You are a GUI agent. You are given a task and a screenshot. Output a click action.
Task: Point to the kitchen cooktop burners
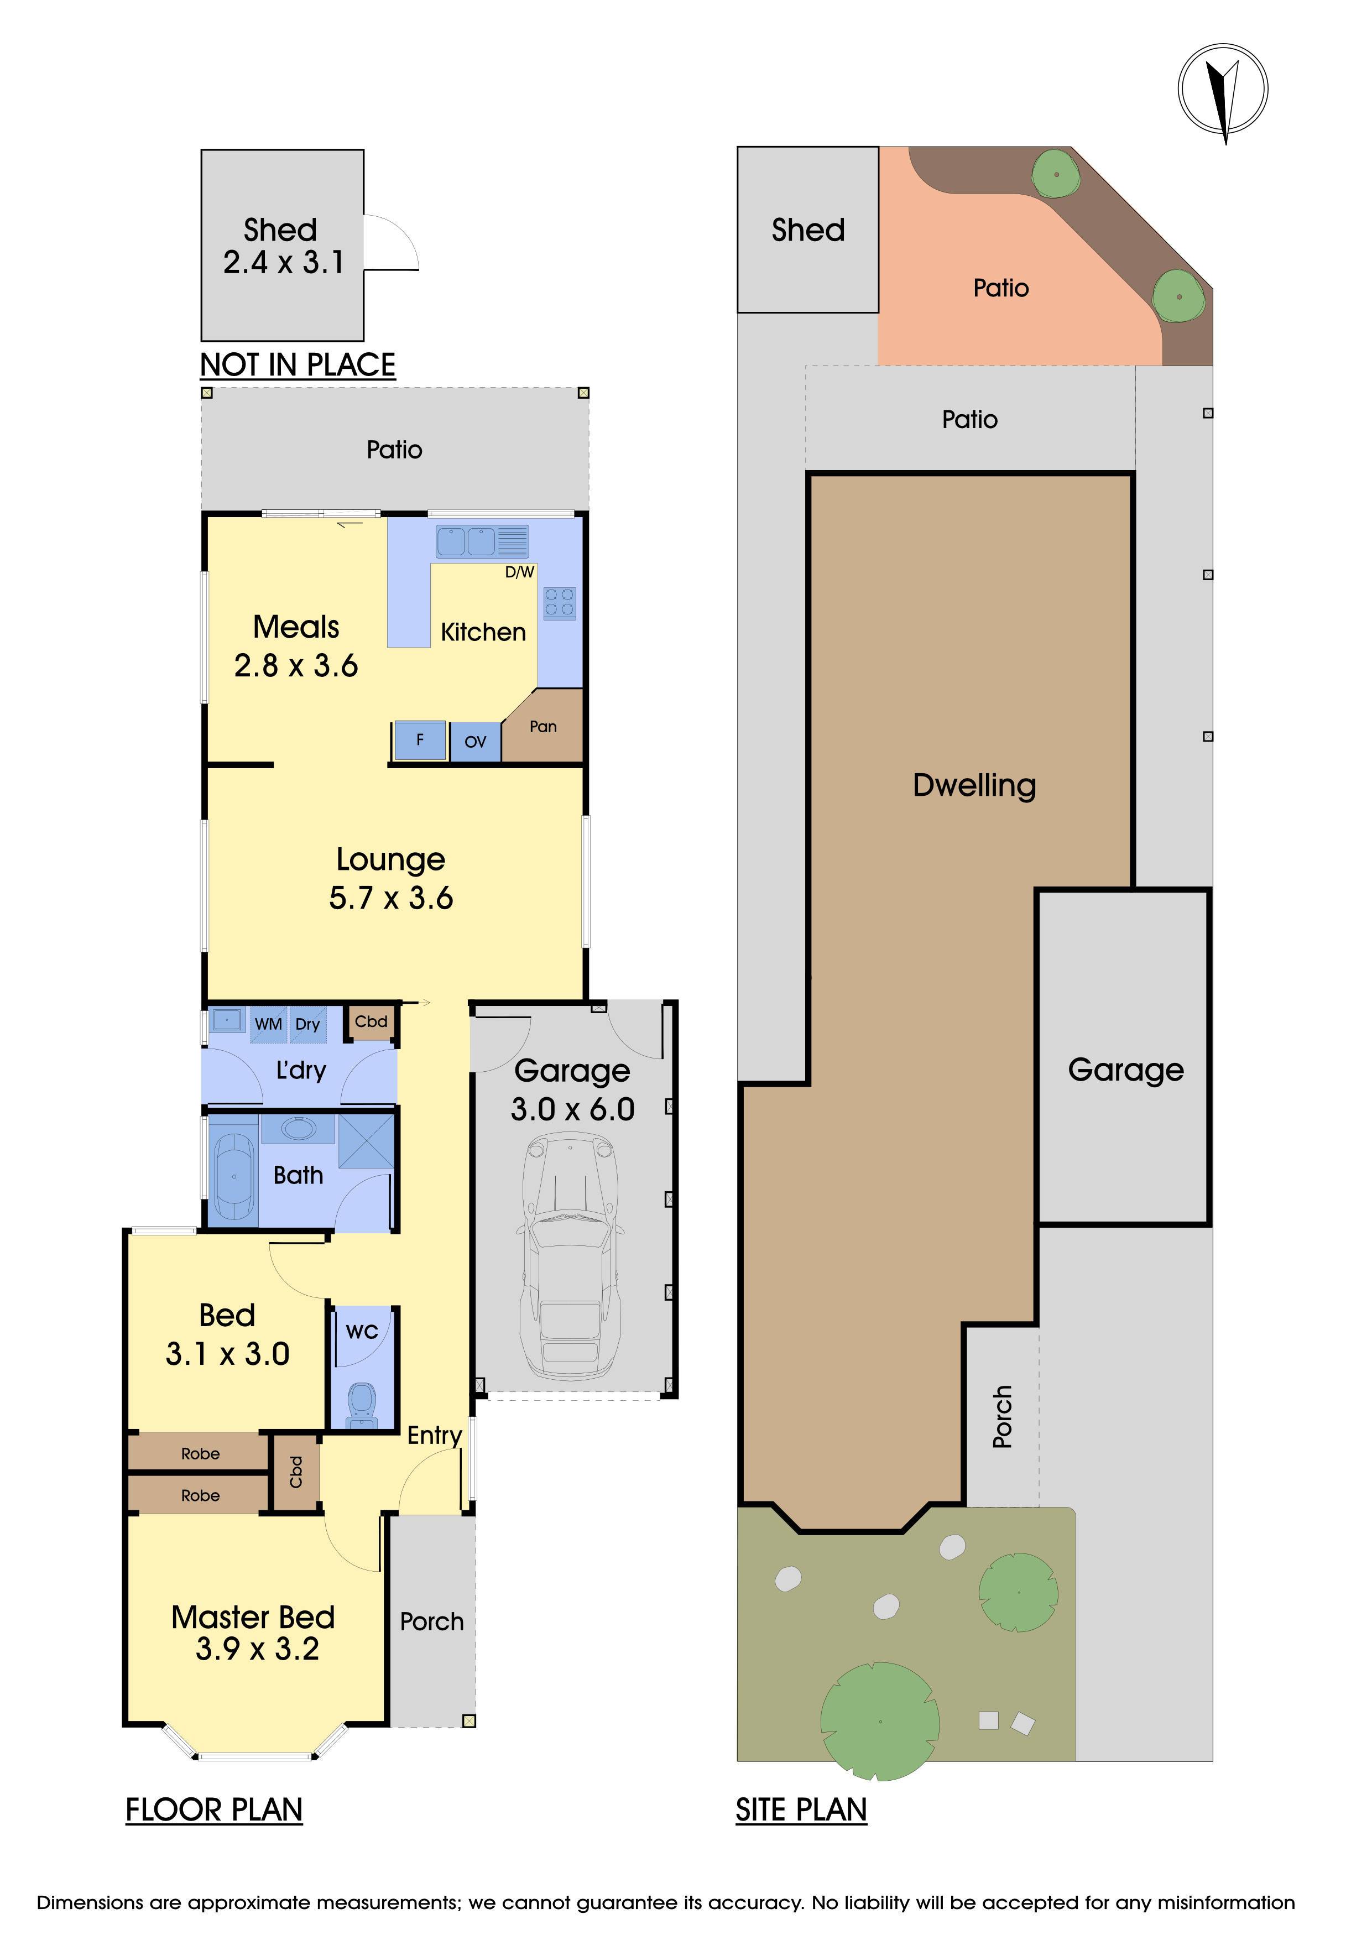[x=559, y=602]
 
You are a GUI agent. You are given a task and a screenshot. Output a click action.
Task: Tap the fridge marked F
[x=420, y=741]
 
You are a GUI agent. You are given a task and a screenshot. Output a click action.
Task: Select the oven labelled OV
[x=476, y=742]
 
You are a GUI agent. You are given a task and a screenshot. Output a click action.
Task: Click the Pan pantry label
[x=543, y=727]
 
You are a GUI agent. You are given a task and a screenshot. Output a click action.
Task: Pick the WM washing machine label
[x=269, y=1024]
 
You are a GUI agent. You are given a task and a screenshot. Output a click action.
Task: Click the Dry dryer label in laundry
[x=307, y=1025]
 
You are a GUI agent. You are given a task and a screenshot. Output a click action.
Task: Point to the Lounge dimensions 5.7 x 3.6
[x=391, y=898]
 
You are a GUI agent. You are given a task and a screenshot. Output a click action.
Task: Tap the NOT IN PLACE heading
[x=298, y=365]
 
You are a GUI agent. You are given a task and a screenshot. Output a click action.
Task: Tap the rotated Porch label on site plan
[x=1002, y=1416]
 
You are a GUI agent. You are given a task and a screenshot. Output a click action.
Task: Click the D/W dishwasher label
[x=520, y=572]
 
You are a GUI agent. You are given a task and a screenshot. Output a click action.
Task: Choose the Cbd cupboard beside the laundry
[x=371, y=1021]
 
